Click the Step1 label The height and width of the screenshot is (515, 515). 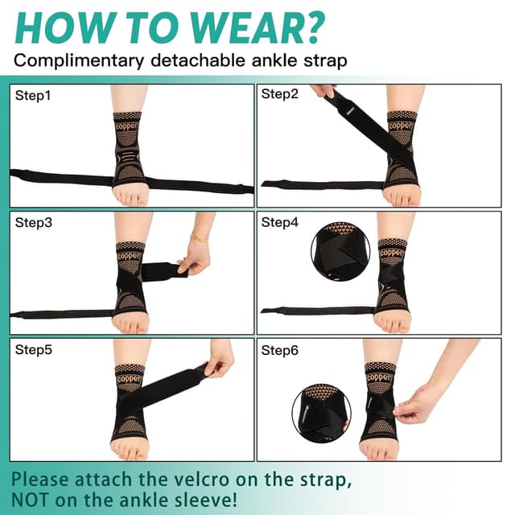(x=32, y=95)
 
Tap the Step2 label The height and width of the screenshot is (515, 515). (x=278, y=94)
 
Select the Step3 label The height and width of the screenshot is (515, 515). (x=32, y=222)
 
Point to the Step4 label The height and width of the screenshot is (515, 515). (x=278, y=222)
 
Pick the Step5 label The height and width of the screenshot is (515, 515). (x=32, y=349)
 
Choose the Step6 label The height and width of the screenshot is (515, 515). (x=278, y=349)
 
